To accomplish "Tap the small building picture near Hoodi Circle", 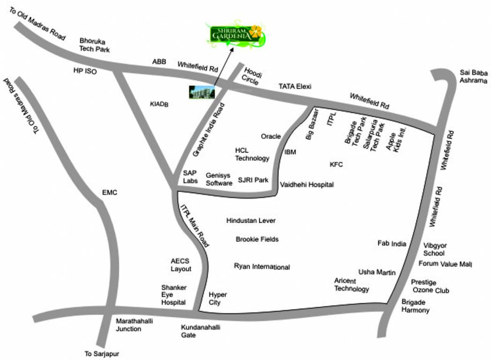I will coord(202,92).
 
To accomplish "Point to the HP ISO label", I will coord(84,70).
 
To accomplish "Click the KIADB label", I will coord(159,105).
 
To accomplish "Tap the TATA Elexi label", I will coord(295,87).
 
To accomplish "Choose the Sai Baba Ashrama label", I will coord(474,76).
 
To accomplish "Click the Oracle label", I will coord(271,136).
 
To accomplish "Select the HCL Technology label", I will coord(252,154).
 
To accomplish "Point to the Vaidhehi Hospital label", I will coord(307,185).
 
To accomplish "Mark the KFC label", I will coord(336,165).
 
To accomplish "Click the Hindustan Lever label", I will coord(251,220).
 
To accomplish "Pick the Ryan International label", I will coord(262,267).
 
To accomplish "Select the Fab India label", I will coord(392,243).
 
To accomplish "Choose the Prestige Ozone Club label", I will coord(430,286).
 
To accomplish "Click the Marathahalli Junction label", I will coord(129,325).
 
